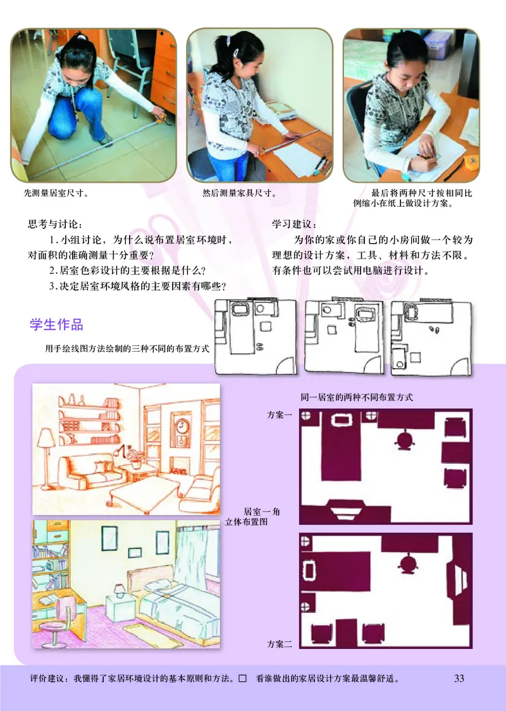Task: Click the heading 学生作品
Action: [56, 325]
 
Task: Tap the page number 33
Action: [459, 679]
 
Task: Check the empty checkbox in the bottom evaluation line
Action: [242, 679]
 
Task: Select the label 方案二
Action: [280, 645]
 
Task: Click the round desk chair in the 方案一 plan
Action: [403, 438]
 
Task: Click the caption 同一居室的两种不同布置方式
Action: [357, 398]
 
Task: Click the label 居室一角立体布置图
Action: [256, 517]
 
